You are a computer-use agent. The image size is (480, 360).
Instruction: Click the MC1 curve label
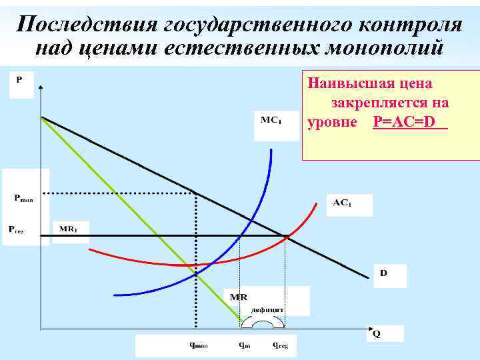point(270,121)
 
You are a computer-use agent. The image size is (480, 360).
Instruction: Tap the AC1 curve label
point(341,203)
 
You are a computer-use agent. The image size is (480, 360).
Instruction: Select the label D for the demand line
point(384,273)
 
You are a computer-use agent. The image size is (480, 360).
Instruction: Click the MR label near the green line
point(238,296)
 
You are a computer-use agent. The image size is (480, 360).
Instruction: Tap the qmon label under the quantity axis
point(199,345)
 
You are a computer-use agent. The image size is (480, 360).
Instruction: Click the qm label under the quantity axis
point(245,345)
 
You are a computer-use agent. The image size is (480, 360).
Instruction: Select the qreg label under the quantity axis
point(280,345)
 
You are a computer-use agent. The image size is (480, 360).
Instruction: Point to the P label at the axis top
point(19,79)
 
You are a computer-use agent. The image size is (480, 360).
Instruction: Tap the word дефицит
point(268,309)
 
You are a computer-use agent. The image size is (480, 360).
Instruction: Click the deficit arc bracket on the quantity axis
point(263,321)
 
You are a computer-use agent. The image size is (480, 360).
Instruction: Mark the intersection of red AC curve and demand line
point(287,236)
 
